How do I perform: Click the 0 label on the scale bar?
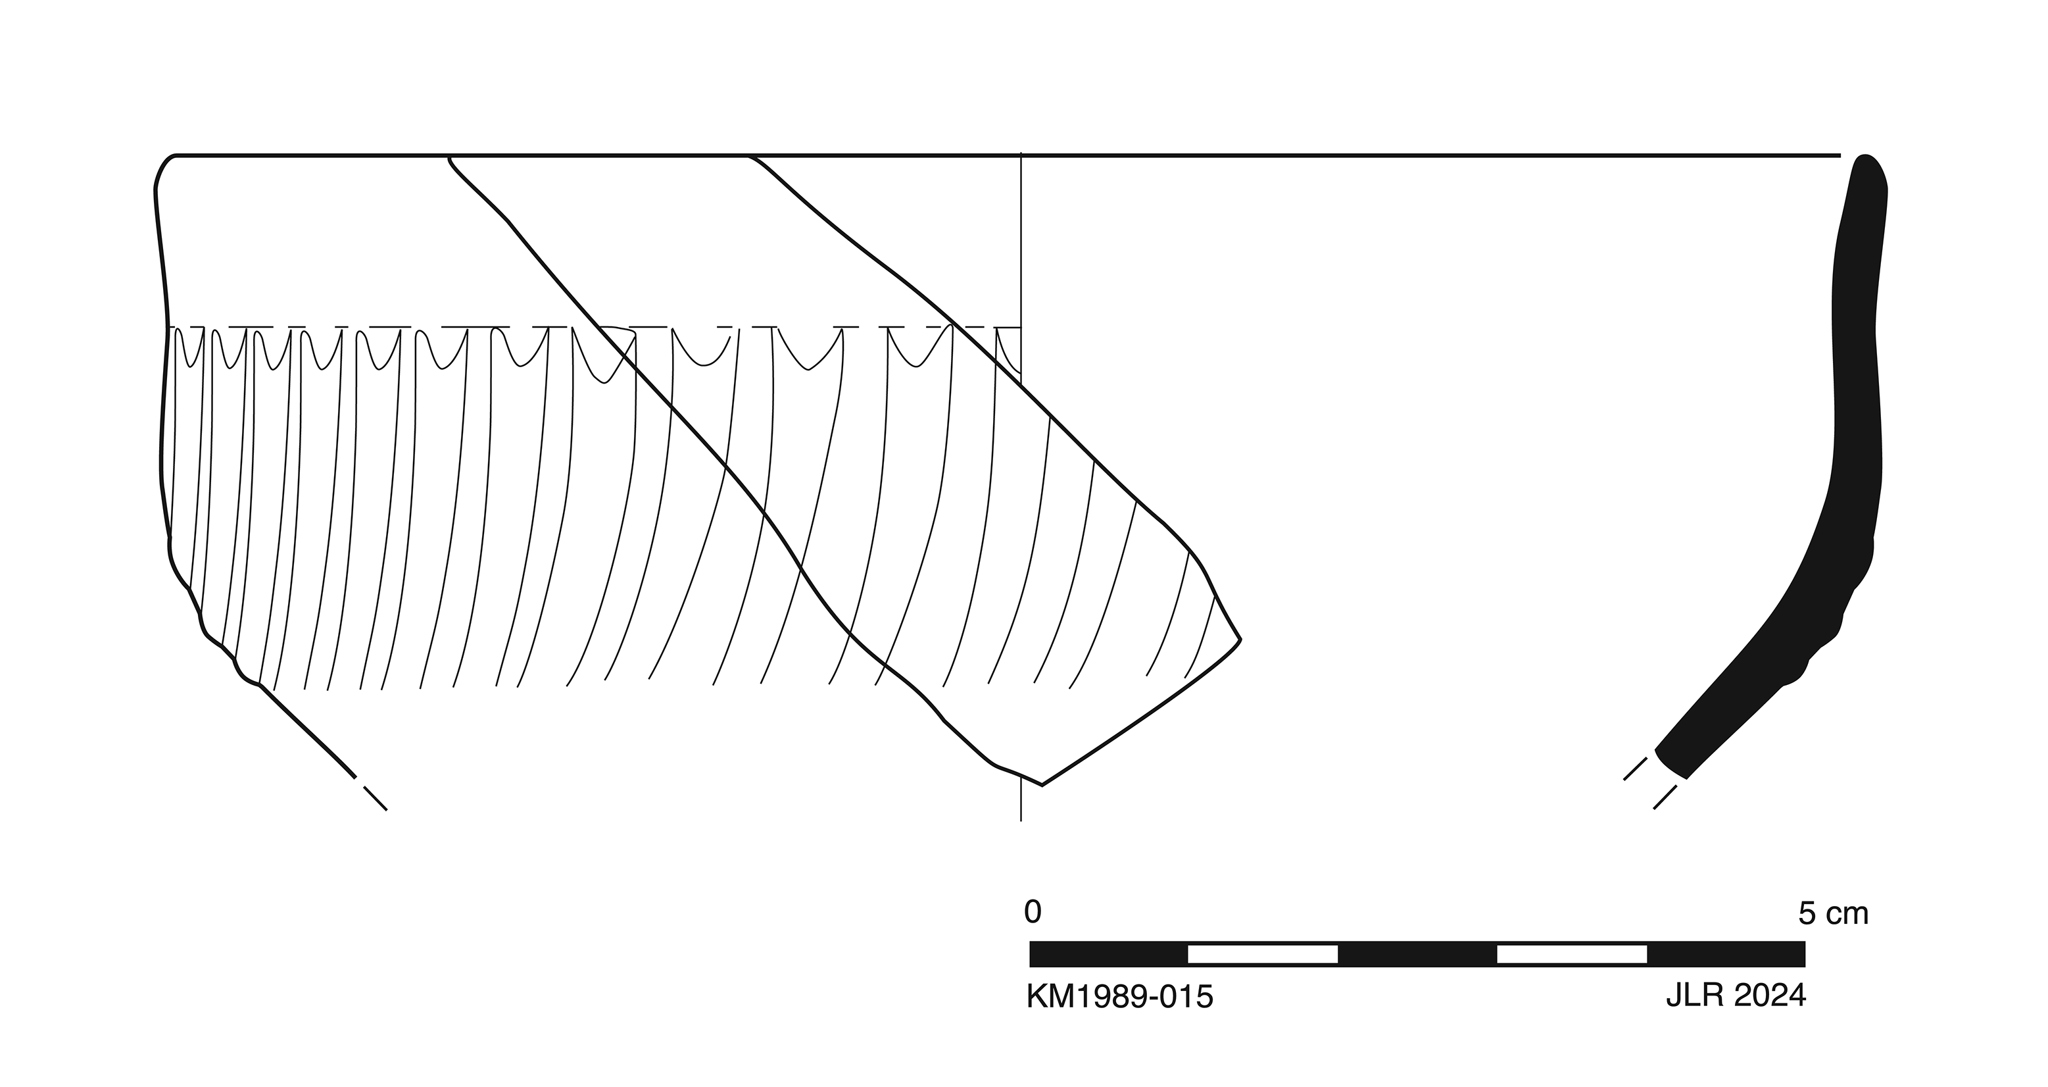1032,913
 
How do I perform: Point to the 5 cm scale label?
1834,915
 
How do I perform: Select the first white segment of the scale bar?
1263,954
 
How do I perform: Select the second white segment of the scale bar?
1572,954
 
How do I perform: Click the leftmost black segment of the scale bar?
1108,954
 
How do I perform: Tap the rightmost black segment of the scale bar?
1726,954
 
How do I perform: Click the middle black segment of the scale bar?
1417,954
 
